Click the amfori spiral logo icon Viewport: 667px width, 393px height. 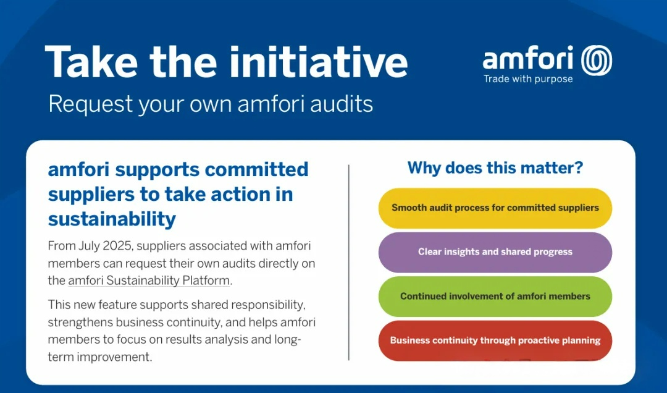[597, 61]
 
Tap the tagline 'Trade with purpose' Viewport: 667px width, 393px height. [528, 78]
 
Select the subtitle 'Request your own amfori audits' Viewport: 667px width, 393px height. [211, 104]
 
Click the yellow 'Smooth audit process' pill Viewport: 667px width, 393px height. [495, 208]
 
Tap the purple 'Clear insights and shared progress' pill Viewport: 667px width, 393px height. [495, 252]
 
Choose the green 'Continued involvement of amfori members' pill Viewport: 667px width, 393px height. [495, 297]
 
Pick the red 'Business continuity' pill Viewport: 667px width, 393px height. [495, 340]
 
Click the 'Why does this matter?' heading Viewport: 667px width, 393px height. [495, 167]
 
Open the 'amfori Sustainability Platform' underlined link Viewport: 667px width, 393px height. [148, 281]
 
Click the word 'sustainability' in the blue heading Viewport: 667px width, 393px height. [112, 219]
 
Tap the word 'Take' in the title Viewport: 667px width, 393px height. [91, 62]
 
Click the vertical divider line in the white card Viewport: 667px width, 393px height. [349, 263]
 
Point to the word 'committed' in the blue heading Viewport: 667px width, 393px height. [256, 169]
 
